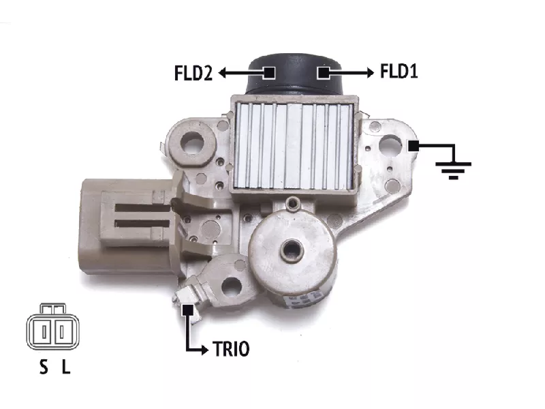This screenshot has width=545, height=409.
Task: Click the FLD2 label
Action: coord(193,73)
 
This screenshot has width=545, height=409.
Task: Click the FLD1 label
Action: coord(399,72)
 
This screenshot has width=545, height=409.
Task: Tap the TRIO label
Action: coord(231,349)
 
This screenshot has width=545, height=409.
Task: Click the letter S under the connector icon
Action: coord(44,367)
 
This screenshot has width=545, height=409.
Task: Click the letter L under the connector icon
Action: coord(66,367)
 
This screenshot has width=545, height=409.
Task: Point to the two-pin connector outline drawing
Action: coord(53,327)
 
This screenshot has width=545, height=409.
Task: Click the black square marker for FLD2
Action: coord(269,73)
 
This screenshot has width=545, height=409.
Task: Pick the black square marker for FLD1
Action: coord(323,73)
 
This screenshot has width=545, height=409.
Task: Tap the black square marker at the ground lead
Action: coord(414,146)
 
